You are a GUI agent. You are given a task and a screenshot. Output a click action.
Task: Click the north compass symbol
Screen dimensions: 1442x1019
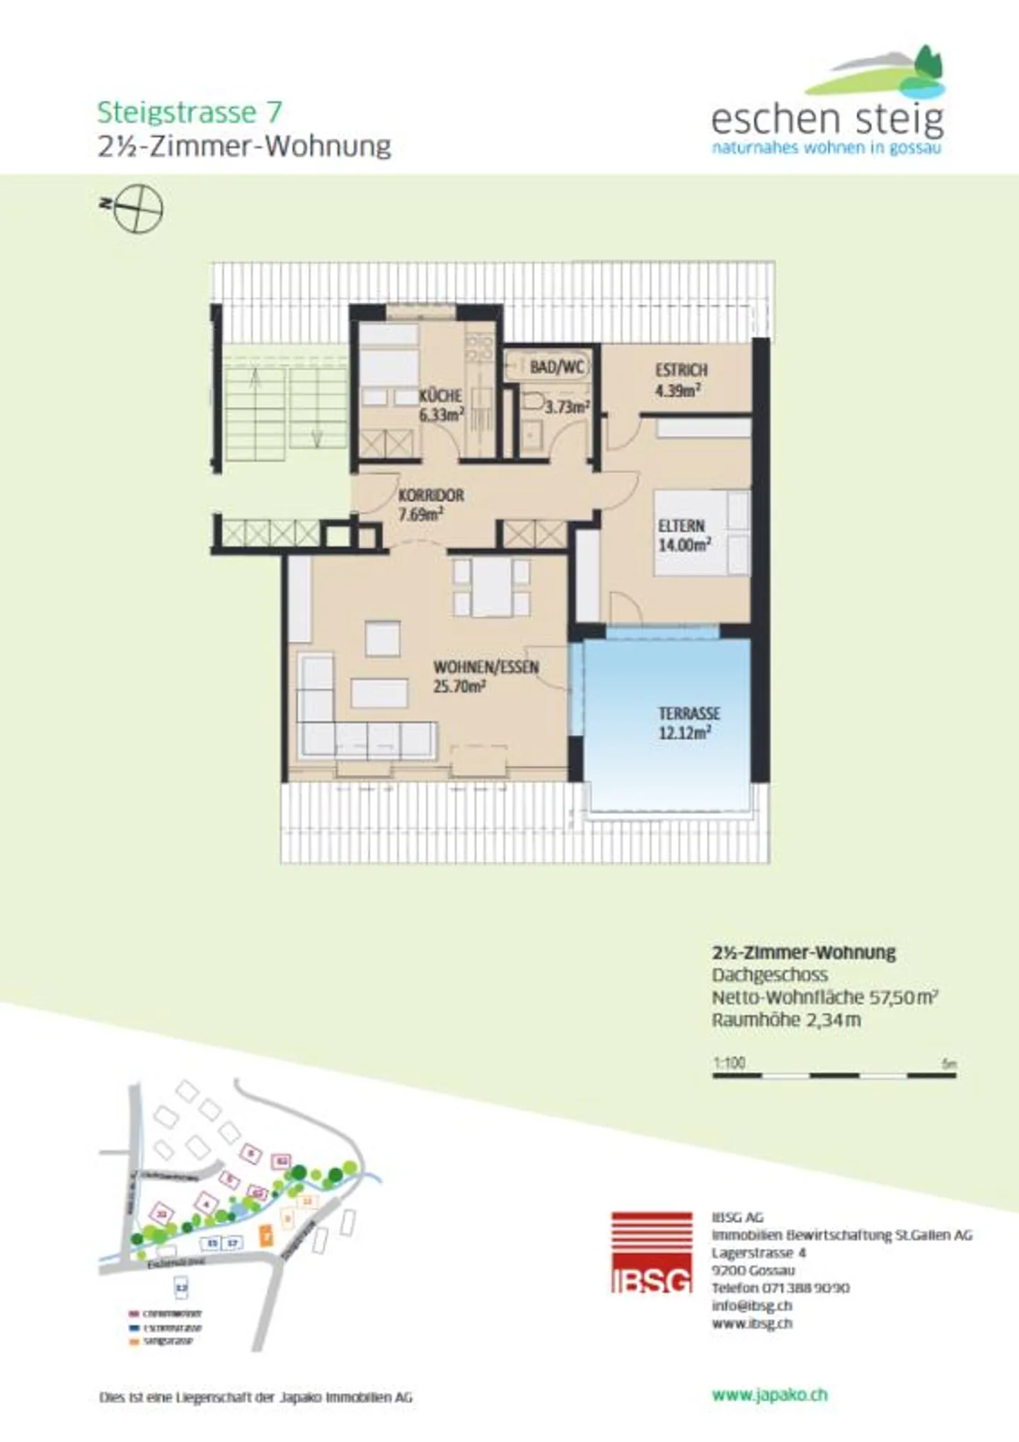pyautogui.click(x=138, y=209)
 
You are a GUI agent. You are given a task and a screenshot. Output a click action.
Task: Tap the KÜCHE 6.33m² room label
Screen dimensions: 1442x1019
pyautogui.click(x=441, y=405)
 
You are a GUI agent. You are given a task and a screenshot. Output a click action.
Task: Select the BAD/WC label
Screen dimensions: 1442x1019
pyautogui.click(x=557, y=367)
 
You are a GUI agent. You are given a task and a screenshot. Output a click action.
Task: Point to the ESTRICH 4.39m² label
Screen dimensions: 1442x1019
pyautogui.click(x=680, y=380)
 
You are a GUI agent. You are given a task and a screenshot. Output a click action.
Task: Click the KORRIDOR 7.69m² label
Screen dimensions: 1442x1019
pyautogui.click(x=430, y=504)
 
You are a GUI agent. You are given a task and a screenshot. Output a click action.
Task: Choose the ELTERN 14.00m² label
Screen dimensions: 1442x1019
pyautogui.click(x=683, y=535)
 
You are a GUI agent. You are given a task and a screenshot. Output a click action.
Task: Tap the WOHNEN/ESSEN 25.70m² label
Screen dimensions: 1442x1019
pyautogui.click(x=485, y=676)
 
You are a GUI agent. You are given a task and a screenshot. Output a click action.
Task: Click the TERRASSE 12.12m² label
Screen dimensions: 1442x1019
pyautogui.click(x=689, y=723)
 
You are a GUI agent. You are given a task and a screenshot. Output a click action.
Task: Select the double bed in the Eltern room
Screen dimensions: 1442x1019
pyautogui.click(x=701, y=533)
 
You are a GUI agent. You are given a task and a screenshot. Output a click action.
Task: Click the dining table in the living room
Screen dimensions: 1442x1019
pyautogui.click(x=492, y=587)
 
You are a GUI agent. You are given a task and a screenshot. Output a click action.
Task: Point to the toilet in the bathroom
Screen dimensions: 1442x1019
pyautogui.click(x=532, y=402)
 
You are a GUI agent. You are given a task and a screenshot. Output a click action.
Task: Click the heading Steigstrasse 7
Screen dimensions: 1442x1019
pyautogui.click(x=189, y=112)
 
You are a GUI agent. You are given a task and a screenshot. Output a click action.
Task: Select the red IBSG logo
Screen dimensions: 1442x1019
pyautogui.click(x=651, y=1252)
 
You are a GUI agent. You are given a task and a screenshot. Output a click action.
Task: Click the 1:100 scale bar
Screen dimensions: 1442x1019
pyautogui.click(x=834, y=1075)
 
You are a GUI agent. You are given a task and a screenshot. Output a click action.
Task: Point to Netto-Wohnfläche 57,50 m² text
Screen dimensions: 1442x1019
pyautogui.click(x=824, y=997)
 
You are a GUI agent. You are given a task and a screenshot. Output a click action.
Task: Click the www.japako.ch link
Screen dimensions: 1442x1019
pyautogui.click(x=769, y=1395)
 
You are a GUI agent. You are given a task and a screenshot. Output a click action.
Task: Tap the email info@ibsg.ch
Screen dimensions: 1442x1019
pyautogui.click(x=752, y=1306)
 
